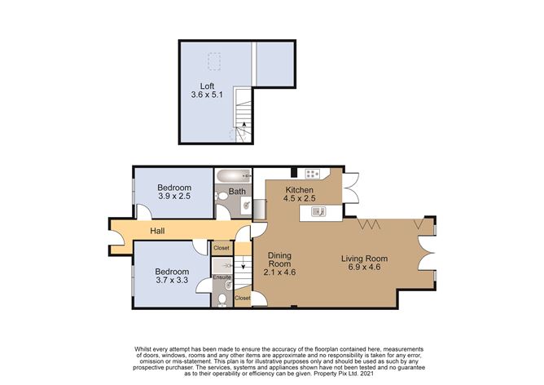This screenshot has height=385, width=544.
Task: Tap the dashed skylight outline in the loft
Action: click(215, 61)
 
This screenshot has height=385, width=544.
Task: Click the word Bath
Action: click(237, 192)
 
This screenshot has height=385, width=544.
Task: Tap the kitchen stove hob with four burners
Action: click(313, 174)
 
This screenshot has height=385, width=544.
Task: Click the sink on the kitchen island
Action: click(319, 213)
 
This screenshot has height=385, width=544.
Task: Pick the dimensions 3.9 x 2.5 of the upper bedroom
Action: click(173, 196)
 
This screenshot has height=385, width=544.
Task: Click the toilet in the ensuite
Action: click(223, 299)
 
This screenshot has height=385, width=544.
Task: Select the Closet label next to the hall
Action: click(222, 248)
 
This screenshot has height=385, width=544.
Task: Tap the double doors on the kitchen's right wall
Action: click(352, 186)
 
